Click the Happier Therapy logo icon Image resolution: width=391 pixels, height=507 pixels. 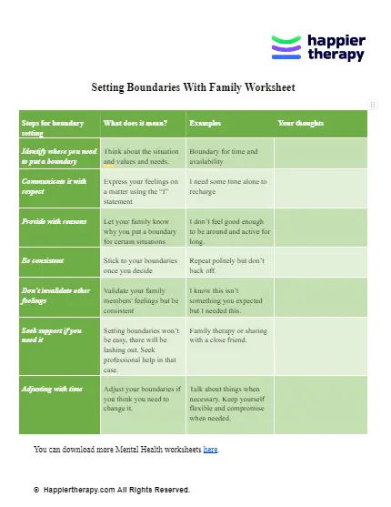click(286, 47)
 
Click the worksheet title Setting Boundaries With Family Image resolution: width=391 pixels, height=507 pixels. click(194, 88)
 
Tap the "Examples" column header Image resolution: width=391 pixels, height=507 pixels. click(205, 122)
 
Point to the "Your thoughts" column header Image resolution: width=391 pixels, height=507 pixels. click(300, 122)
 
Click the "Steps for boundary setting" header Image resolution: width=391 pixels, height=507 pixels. click(52, 127)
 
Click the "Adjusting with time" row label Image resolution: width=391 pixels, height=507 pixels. click(56, 389)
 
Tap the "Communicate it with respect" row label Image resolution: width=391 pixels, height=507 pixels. click(55, 186)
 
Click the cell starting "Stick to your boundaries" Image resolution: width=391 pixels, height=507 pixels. click(138, 265)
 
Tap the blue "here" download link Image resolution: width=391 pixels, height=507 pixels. click(210, 450)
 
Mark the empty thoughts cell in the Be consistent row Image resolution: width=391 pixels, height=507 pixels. click(320, 265)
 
